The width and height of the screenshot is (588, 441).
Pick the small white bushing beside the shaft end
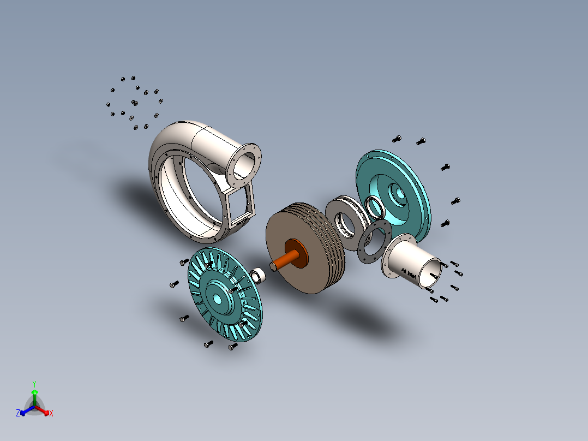tap(260, 275)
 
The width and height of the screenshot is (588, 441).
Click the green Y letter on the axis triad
tap(34, 384)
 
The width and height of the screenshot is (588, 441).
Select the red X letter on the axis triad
tap(51, 414)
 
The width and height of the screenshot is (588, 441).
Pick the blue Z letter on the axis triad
tap(18, 413)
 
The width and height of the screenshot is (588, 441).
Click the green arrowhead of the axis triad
tap(34, 392)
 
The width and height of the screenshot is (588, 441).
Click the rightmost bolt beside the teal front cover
tap(455, 201)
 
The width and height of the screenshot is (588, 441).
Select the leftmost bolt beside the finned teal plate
tap(174, 284)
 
